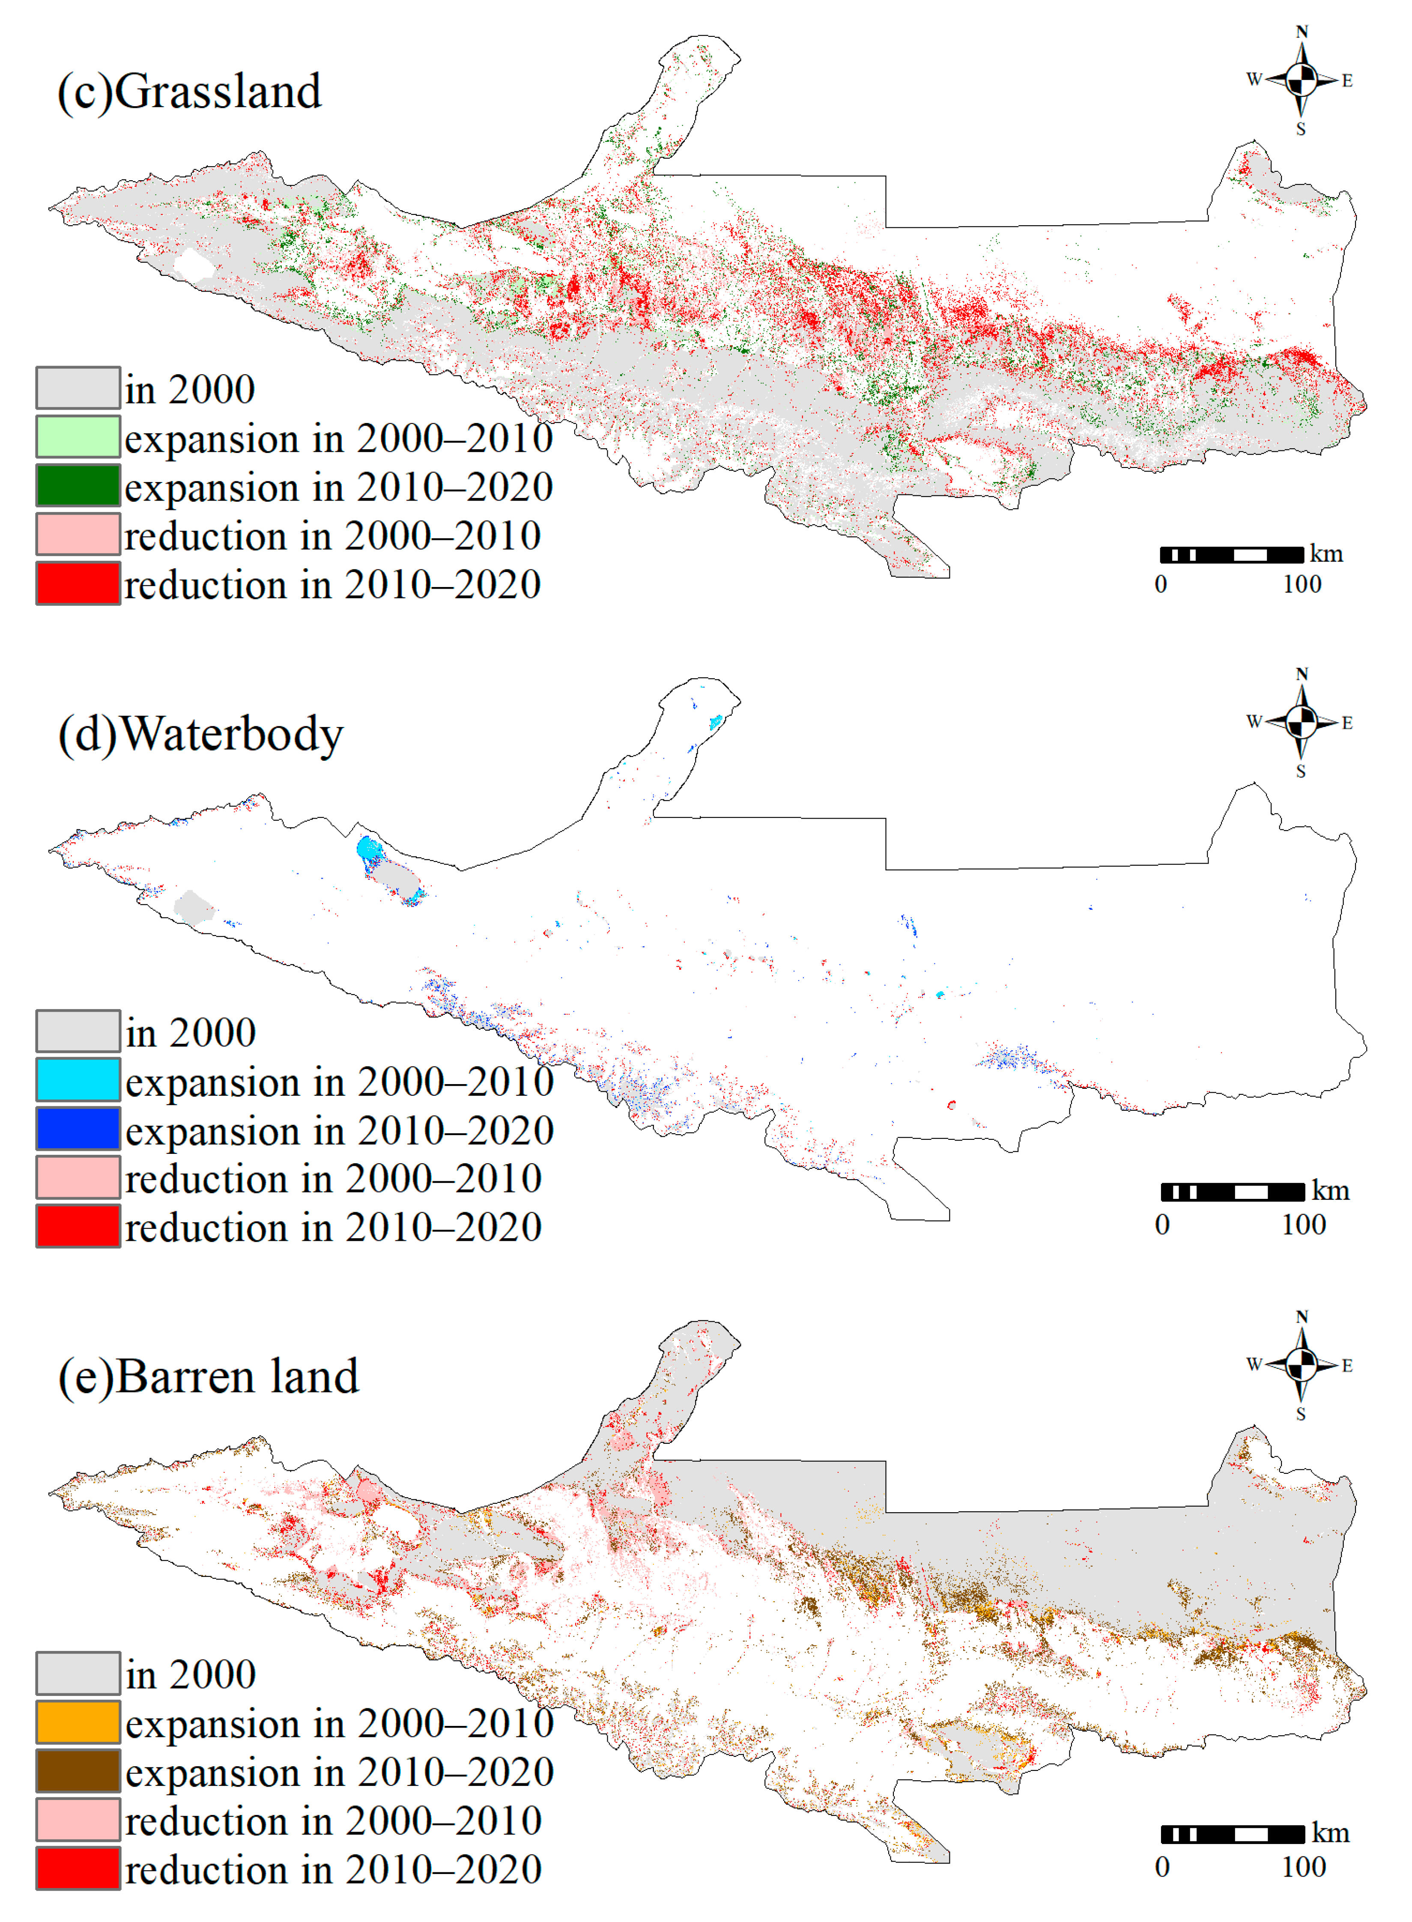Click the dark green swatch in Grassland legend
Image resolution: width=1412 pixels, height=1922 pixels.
point(78,486)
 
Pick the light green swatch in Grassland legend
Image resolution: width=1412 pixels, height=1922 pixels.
point(78,437)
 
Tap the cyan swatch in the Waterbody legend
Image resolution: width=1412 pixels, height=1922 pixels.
point(78,1079)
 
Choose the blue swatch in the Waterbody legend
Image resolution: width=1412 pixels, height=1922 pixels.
point(78,1128)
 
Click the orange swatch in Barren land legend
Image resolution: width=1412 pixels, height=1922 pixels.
point(78,1722)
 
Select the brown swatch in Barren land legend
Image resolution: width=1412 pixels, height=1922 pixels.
point(78,1771)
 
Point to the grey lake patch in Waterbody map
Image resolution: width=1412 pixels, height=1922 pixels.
point(193,907)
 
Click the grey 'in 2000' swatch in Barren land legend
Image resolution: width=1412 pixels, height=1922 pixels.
point(78,1673)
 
